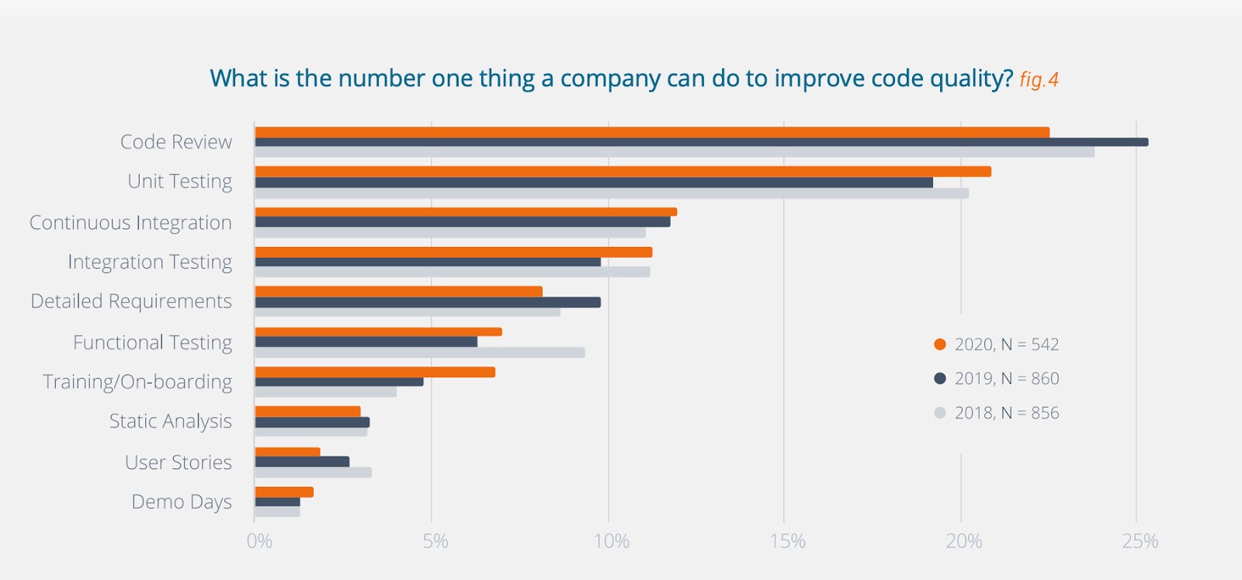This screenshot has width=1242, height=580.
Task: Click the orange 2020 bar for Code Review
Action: click(x=652, y=132)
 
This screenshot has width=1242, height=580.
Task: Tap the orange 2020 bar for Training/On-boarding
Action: click(x=375, y=372)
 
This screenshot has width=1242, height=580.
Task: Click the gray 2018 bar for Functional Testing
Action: click(x=420, y=353)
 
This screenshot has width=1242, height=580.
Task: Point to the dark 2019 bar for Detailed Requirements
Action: click(x=428, y=302)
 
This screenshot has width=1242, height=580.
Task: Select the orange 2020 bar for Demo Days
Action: click(x=284, y=491)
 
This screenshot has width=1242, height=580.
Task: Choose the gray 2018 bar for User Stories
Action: click(x=314, y=472)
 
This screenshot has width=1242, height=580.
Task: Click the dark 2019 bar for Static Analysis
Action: click(x=312, y=422)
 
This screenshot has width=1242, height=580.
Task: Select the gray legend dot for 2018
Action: click(x=940, y=413)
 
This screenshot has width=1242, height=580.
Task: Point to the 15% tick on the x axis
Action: click(x=787, y=541)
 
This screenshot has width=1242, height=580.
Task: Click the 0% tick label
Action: click(x=259, y=541)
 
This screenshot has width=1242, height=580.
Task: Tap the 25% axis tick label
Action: click(x=1140, y=541)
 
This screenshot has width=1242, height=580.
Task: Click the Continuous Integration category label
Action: click(x=130, y=223)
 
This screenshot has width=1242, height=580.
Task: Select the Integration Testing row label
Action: click(x=150, y=262)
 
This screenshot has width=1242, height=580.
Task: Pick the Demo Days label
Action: click(x=182, y=502)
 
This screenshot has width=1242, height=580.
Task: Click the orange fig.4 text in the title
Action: click(x=1039, y=80)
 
